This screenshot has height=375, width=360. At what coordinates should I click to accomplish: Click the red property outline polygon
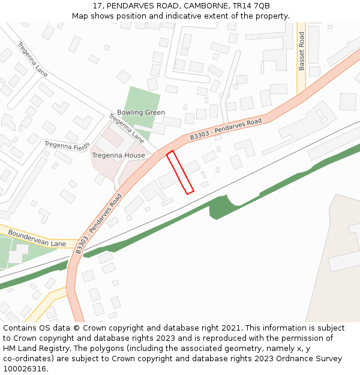point(180,172)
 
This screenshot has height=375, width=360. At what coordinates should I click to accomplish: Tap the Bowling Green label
point(141,112)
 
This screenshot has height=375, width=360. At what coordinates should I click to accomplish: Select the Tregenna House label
point(118,155)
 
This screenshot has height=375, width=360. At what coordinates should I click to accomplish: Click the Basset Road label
point(302,52)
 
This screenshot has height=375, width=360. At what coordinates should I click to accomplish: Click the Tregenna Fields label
point(67,146)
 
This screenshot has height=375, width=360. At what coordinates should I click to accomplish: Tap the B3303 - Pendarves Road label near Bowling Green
point(226,129)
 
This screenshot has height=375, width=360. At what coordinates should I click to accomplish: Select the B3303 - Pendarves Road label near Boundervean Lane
point(99,223)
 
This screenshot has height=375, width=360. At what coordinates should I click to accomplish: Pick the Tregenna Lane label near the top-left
point(32,58)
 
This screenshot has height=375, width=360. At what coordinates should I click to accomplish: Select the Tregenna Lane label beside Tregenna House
point(127,127)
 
